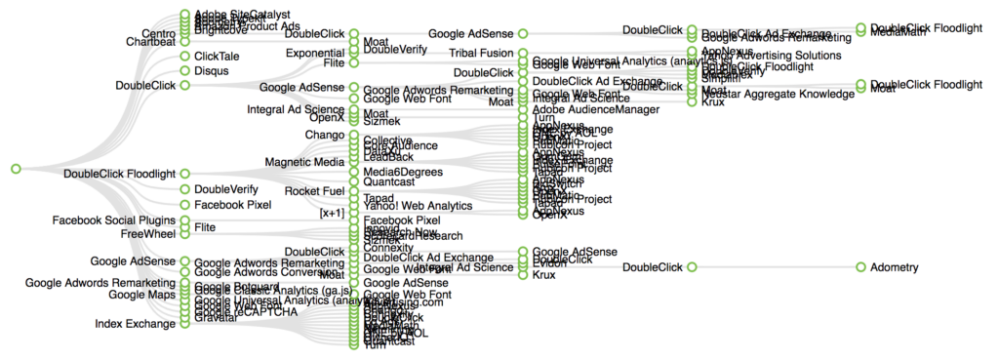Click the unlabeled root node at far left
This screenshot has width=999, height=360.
[16, 169]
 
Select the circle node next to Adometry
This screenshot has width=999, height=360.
[861, 266]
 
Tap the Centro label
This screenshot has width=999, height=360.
[158, 31]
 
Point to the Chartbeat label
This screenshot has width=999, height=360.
[150, 42]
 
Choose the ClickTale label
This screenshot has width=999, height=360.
[216, 57]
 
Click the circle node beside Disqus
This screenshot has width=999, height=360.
[184, 71]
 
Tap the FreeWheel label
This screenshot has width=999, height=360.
[147, 234]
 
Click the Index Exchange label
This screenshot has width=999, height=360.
[135, 323]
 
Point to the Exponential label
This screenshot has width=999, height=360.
[314, 53]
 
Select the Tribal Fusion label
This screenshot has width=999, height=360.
[482, 52]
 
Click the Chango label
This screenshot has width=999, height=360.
[324, 135]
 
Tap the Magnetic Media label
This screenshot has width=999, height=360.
[304, 161]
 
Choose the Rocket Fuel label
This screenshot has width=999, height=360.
[314, 190]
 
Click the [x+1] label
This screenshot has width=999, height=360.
[332, 213]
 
